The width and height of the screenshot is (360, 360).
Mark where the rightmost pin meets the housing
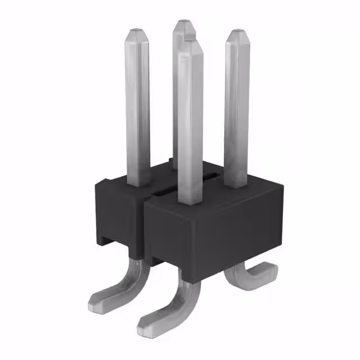pos(236,184)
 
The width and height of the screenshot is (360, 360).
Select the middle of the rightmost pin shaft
pos(236,110)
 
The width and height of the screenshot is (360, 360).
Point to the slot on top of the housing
pos(169,191)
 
